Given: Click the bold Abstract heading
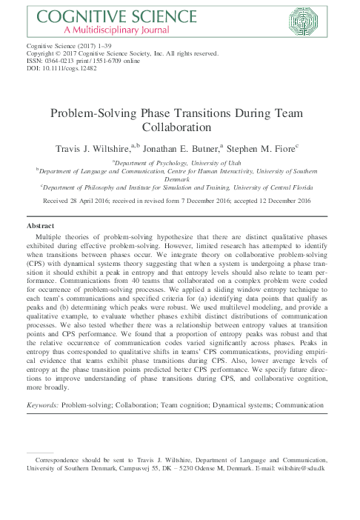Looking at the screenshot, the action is [41, 224].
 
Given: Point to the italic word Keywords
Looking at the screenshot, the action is [41, 406].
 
